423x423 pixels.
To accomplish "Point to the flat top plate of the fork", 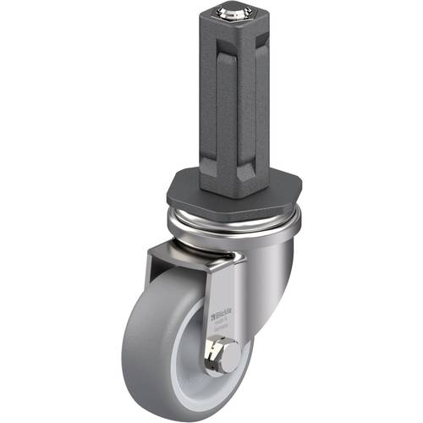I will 190,252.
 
